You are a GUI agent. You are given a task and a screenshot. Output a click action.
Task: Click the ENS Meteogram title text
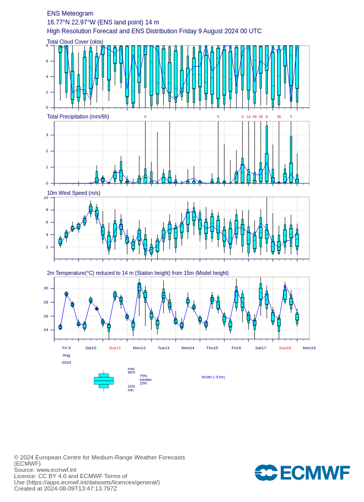tap(70, 14)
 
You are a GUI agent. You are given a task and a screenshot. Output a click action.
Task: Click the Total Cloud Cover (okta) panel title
tap(75, 42)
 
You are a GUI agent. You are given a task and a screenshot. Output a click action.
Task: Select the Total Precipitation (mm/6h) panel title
tap(78, 116)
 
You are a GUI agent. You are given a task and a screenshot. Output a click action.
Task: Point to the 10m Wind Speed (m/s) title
tap(73, 193)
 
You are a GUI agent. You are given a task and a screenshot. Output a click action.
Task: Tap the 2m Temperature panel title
tap(137, 273)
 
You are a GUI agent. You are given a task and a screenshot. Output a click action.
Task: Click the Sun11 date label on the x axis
tap(114, 348)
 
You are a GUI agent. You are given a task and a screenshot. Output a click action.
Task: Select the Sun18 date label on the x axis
tap(284, 348)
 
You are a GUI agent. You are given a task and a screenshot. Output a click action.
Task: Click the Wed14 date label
tap(188, 348)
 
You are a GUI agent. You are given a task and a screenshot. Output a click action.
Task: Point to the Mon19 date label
tap(309, 348)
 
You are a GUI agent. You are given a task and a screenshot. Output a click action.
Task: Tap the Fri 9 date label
tap(66, 348)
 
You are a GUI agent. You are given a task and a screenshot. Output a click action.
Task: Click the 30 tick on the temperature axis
tap(46, 288)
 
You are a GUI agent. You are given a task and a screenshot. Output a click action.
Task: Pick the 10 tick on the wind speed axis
tap(46, 197)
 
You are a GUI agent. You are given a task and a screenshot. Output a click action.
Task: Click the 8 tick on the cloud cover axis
tap(47, 46)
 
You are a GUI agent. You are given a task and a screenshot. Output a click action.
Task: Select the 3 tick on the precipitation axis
tap(47, 135)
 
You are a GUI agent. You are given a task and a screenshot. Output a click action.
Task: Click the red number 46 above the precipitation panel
tap(254, 116)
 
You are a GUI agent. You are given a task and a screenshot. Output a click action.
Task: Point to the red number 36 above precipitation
tap(279, 116)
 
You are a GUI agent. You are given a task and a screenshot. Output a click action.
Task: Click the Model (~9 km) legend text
tap(213, 377)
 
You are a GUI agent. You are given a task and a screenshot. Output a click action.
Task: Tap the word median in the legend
tap(146, 379)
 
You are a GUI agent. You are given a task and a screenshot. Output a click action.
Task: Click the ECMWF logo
tap(302, 472)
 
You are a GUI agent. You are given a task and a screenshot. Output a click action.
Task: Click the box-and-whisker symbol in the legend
tap(103, 380)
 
